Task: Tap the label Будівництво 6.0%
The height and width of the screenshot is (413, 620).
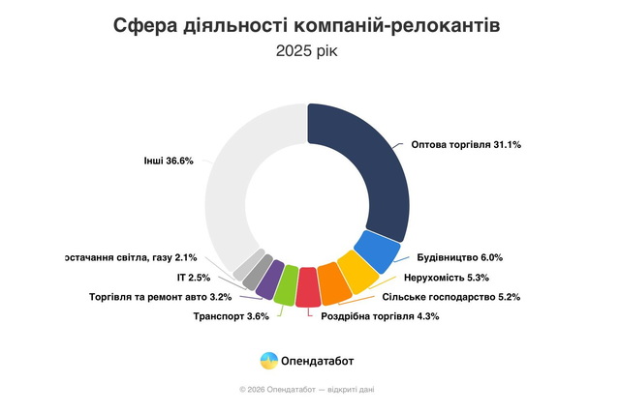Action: [460, 258]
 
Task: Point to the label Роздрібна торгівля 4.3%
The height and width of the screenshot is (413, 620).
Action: [373, 316]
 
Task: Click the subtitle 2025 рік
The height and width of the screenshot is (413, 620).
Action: [307, 51]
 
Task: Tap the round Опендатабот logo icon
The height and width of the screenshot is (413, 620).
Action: [269, 361]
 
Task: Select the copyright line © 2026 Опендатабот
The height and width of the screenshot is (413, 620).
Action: [308, 389]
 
